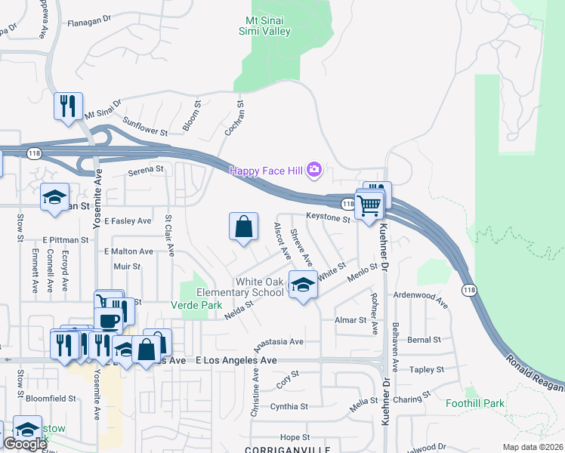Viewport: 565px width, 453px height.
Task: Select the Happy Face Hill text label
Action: tap(267, 171)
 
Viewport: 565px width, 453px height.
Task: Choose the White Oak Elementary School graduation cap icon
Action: tap(303, 285)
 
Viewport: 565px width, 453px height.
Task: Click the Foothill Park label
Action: tap(474, 403)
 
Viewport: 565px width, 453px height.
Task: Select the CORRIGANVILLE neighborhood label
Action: tap(278, 448)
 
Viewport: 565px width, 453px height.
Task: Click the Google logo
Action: tap(25, 444)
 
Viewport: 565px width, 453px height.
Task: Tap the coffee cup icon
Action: tap(109, 319)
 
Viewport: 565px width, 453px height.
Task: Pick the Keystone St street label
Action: tap(328, 220)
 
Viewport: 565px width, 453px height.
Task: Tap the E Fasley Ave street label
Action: tap(128, 221)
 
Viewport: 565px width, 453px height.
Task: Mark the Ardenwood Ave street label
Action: tap(421, 300)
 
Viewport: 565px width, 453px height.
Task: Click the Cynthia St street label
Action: tap(289, 406)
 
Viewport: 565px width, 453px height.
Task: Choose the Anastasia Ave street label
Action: tap(279, 341)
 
